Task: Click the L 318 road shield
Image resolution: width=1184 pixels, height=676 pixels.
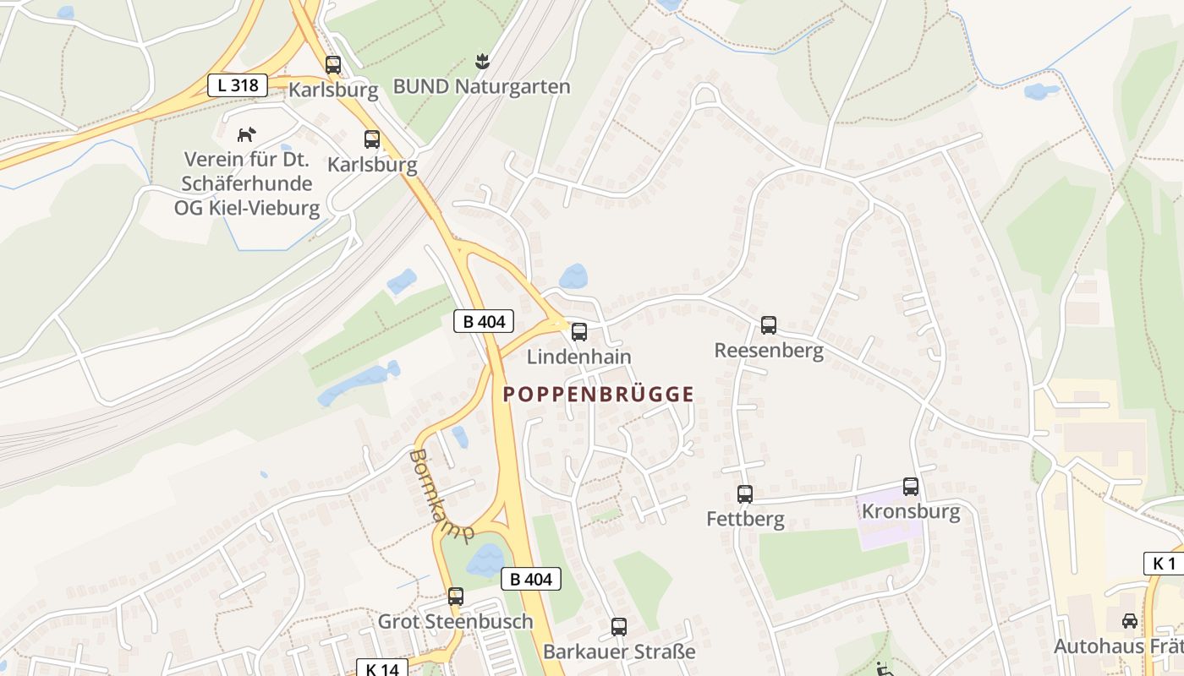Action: [x=237, y=84]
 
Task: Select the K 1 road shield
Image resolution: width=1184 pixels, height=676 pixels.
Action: [x=1164, y=564]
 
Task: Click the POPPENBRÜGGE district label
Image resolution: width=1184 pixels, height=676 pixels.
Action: [x=599, y=394]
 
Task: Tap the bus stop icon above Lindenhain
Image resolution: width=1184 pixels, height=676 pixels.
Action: [x=579, y=332]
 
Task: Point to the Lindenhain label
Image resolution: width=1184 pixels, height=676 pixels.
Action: [x=578, y=357]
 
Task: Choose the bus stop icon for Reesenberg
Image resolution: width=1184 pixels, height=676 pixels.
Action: [x=769, y=324]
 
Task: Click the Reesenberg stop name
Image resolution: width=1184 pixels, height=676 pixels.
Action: [x=769, y=350]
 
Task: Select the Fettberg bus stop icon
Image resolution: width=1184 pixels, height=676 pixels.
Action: [x=745, y=494]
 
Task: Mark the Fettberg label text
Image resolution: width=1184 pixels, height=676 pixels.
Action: [x=745, y=519]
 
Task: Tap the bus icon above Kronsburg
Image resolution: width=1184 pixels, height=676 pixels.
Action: [x=911, y=487]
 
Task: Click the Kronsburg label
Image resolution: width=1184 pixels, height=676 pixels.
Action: [x=911, y=511]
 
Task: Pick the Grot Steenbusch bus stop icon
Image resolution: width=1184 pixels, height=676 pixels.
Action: [x=456, y=597]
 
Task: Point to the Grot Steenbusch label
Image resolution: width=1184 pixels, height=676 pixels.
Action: [x=455, y=621]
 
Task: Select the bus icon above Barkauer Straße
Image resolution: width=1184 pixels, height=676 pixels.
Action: [x=619, y=627]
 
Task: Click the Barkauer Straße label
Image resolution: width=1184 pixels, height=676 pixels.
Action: [x=619, y=651]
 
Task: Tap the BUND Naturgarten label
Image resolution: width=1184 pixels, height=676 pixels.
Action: [x=482, y=86]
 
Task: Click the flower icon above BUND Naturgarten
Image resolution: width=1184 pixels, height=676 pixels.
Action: [x=482, y=62]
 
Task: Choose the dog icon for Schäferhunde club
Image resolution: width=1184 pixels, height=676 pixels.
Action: [x=246, y=134]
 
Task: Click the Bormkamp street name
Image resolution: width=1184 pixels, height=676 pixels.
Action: [x=440, y=494]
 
